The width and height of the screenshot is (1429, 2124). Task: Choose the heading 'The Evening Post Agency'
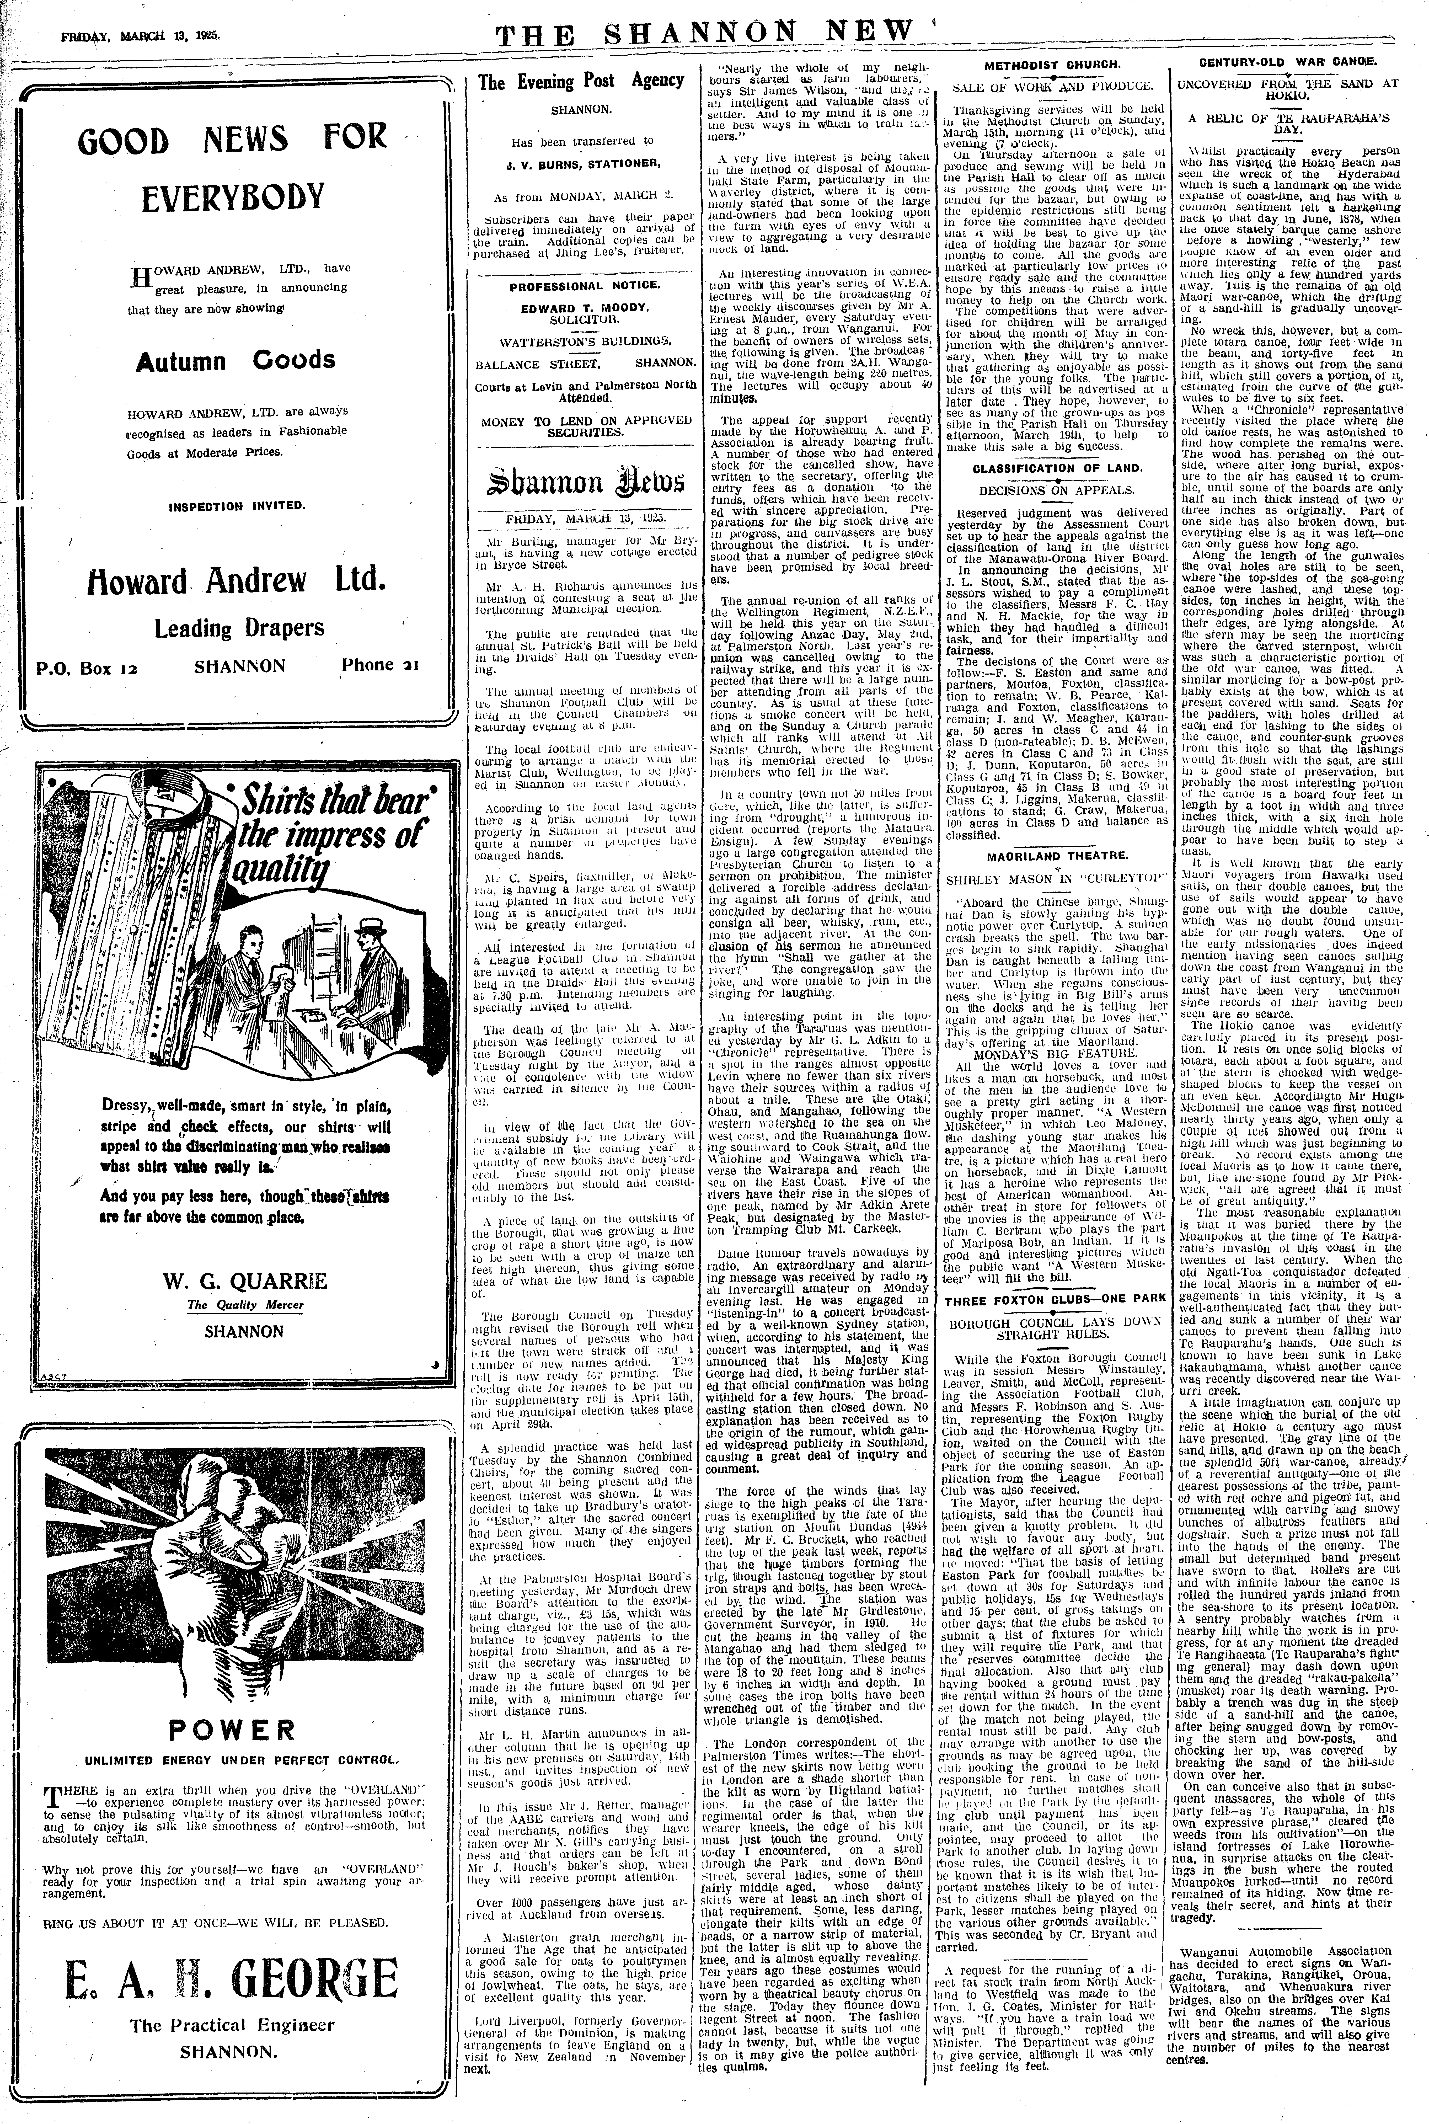[581, 81]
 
